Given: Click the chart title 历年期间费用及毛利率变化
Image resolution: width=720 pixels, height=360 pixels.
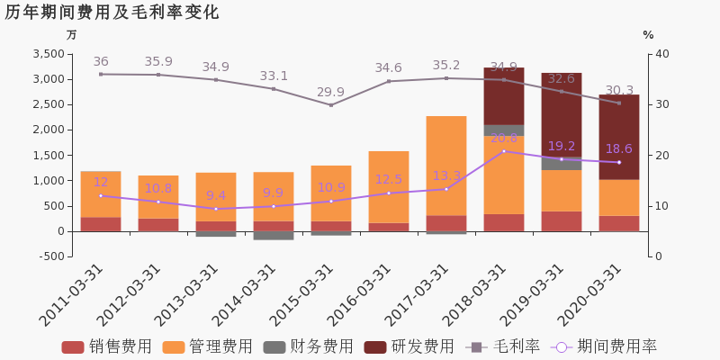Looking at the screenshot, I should coord(112,13).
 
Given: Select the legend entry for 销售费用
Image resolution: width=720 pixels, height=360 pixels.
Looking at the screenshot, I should coord(107,346).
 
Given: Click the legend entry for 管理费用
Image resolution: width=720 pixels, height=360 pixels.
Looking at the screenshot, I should coord(208,346).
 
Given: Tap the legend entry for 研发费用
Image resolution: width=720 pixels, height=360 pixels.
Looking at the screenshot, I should coord(409,346).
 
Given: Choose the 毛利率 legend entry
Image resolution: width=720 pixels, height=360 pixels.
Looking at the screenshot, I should coord(503,346).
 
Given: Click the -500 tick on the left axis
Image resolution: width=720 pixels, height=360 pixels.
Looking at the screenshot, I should coord(49,256).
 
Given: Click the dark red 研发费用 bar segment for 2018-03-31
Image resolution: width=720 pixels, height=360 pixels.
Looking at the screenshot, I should coord(503,95).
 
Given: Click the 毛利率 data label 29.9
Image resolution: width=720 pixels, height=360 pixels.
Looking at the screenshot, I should coord(330,93).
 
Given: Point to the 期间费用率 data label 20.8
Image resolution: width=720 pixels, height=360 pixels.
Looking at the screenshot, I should coord(503,138).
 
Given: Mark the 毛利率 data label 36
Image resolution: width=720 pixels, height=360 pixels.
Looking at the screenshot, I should coord(101,62).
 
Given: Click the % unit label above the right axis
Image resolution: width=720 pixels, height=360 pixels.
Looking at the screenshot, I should coord(648,35).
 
